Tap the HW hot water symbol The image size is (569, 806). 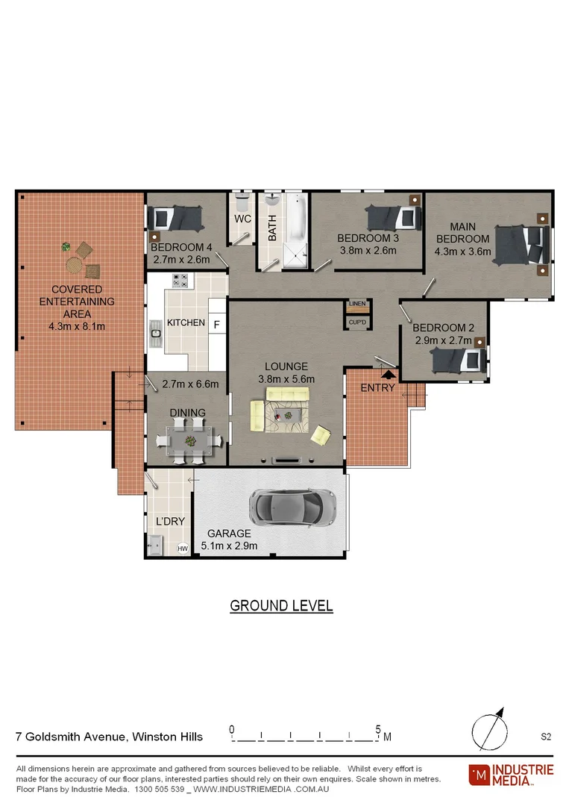tap(183, 549)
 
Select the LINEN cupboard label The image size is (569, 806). tap(357, 304)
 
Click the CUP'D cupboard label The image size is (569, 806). tap(357, 322)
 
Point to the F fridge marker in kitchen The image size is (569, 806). tap(217, 325)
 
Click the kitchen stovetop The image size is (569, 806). tap(180, 281)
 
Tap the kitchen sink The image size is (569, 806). tap(156, 334)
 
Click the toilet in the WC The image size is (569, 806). tap(242, 206)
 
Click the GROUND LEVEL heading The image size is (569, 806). tap(281, 605)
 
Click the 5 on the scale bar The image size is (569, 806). tap(378, 728)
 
